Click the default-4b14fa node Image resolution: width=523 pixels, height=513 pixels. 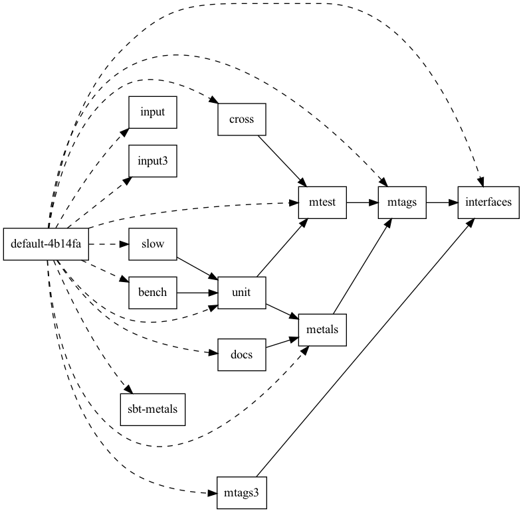46,244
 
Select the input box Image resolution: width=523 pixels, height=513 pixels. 152,112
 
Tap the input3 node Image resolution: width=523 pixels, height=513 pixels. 152,161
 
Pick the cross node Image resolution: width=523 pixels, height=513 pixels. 242,120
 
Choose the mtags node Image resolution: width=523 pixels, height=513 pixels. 402,202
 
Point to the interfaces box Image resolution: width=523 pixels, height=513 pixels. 488,202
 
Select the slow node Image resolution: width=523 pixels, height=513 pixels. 152,244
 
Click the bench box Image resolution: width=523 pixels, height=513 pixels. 152,292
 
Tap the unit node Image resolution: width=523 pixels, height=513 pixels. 242,292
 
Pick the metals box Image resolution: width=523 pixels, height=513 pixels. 323,329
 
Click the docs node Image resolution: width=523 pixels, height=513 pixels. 242,354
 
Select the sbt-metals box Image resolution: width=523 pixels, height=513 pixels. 152,409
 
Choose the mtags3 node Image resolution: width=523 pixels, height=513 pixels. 242,493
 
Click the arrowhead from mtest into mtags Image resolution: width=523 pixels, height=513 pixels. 373,202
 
